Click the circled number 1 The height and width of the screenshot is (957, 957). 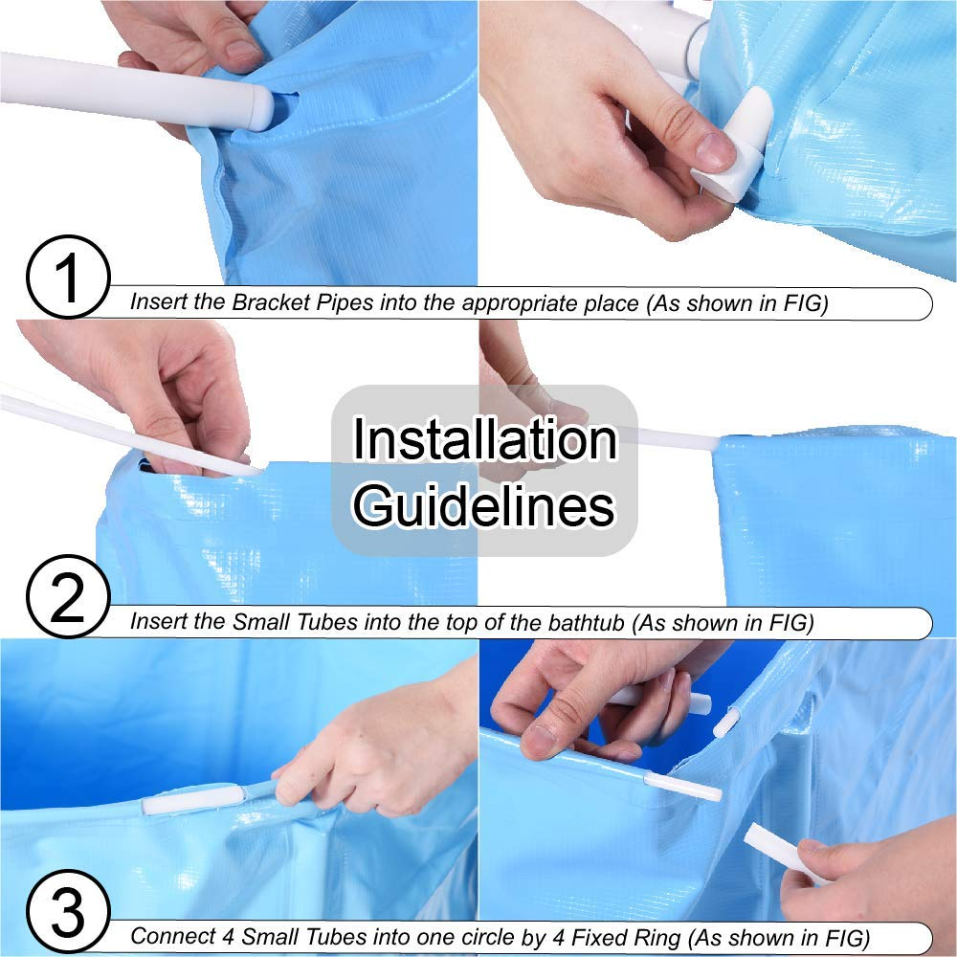68,278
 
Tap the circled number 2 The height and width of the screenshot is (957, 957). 68,596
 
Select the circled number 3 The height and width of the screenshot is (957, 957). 68,912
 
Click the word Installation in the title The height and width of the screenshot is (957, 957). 484,439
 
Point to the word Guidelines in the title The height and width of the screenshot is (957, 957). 484,505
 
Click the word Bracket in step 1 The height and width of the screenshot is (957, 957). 272,302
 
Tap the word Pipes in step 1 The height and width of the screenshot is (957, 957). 345,303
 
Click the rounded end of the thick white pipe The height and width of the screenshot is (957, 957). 261,108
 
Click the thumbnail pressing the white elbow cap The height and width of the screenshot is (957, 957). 715,151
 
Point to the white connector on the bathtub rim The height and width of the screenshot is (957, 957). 192,799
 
